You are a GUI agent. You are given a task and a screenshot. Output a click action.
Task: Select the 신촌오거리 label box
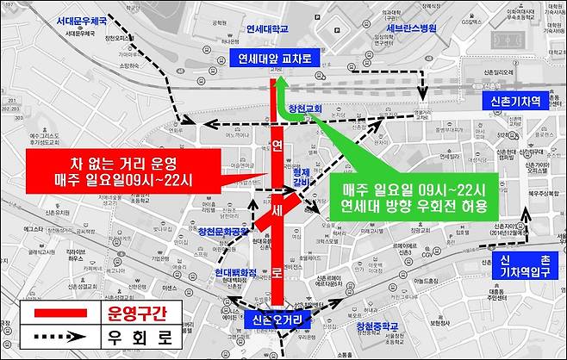click(277, 319)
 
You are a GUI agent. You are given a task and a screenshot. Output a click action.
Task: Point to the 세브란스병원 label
click(405, 28)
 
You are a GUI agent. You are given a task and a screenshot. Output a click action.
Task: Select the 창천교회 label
click(304, 109)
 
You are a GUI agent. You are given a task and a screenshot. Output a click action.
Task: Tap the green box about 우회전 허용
click(414, 197)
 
